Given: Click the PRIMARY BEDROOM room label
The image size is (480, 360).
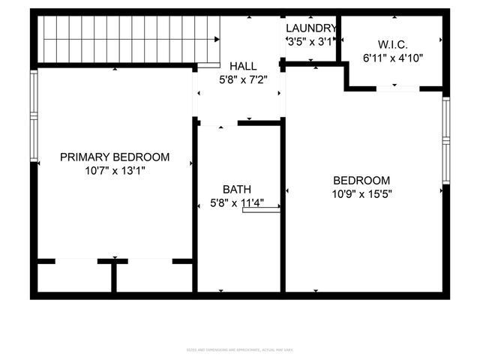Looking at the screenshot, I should pyautogui.click(x=115, y=157).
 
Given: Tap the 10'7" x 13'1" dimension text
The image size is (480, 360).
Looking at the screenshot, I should pyautogui.click(x=115, y=170).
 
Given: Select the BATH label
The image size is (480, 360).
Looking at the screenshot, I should pyautogui.click(x=237, y=189).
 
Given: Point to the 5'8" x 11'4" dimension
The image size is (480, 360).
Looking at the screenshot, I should pyautogui.click(x=237, y=202).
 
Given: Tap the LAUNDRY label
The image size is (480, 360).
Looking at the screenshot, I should pyautogui.click(x=310, y=28).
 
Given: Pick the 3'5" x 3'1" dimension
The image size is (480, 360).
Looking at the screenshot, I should pyautogui.click(x=310, y=42).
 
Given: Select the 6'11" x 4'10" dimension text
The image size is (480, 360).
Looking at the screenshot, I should pyautogui.click(x=391, y=57).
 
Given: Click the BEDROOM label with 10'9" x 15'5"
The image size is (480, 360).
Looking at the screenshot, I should pyautogui.click(x=361, y=180).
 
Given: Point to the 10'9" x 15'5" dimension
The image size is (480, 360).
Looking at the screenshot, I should pyautogui.click(x=361, y=193).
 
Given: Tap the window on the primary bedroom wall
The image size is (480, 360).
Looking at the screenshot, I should pyautogui.click(x=34, y=115).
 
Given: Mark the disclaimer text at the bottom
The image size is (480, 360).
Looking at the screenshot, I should pyautogui.click(x=240, y=350).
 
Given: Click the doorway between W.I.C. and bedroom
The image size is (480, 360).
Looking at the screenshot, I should pyautogui.click(x=397, y=88).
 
